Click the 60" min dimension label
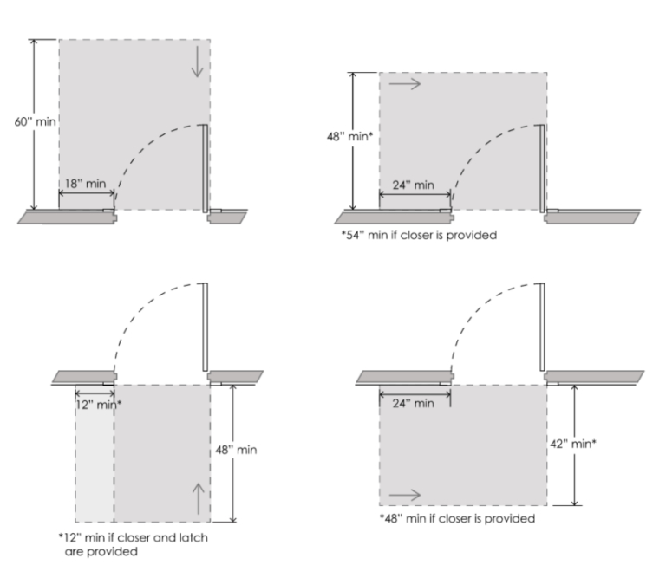pos(36,122)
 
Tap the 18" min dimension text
pos(85,184)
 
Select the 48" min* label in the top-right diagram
pos(350,136)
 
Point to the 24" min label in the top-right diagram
pos(414,185)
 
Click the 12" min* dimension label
pos(99,405)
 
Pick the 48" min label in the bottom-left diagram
pos(236,450)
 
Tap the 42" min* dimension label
pos(573,444)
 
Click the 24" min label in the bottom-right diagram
pos(414,403)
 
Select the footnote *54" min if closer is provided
pos(419,235)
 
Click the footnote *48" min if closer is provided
pos(458,518)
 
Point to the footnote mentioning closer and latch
pos(134,544)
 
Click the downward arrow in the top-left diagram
pos(197,62)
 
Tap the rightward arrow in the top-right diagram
pos(405,84)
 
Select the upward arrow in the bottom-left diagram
pos(199,499)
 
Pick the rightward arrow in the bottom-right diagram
pos(405,495)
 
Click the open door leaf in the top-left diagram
pos(206,168)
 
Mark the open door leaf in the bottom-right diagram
pos(542,328)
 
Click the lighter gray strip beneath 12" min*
pos(95,454)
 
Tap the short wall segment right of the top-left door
pos(227,218)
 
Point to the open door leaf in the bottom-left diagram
pos(206,328)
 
